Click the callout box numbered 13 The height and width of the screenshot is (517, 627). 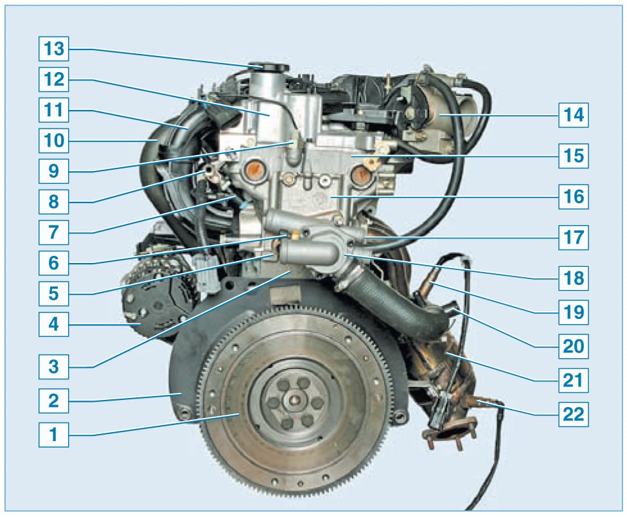pos(53,49)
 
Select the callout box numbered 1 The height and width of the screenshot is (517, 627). pos(53,434)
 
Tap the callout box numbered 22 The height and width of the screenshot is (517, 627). pos(574,414)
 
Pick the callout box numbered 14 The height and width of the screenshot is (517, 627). pos(574,115)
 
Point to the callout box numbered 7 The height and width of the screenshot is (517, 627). pos(53,232)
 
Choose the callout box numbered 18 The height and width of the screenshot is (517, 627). pos(574,278)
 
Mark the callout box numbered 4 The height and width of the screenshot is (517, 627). pos(53,324)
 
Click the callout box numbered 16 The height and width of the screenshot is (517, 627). pos(574,197)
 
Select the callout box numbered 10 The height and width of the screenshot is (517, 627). pos(53,140)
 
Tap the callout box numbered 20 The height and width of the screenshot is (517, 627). pos(574,346)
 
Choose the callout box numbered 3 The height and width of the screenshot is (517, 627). pos(53,367)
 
